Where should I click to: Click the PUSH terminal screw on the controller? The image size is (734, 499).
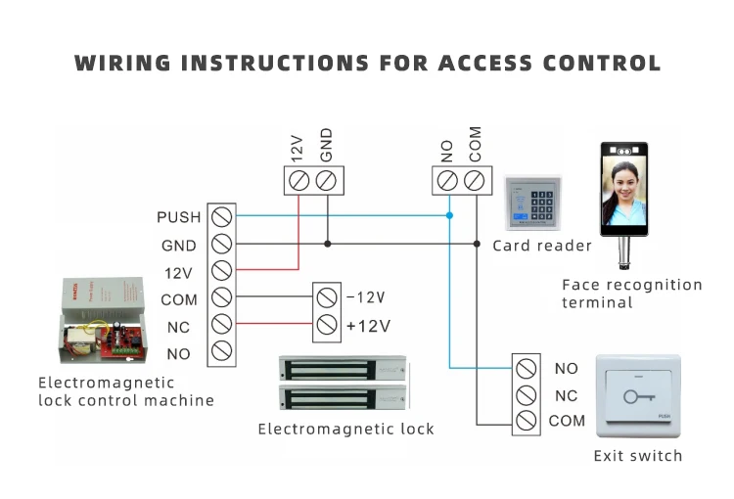tap(221, 216)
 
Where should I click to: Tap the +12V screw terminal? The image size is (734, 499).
tap(327, 325)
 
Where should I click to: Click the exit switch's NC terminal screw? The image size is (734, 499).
tap(526, 395)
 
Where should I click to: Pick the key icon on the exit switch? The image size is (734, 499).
tap(637, 397)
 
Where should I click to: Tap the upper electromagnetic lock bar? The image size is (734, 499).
tap(342, 368)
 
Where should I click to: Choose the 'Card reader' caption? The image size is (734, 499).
tap(542, 246)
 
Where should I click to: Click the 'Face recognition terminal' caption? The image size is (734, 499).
tap(632, 294)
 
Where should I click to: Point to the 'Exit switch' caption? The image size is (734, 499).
tap(638, 455)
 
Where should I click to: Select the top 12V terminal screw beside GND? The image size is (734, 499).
tap(299, 180)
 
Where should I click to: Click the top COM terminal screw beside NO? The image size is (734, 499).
tap(475, 180)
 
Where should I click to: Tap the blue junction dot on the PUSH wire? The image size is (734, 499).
tap(449, 215)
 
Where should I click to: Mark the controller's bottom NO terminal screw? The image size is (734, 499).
tap(221, 352)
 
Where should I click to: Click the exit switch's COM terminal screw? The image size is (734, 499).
tap(526, 422)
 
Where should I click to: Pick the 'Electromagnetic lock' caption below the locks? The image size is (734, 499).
tap(345, 429)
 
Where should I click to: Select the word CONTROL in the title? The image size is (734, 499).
tap(604, 64)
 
